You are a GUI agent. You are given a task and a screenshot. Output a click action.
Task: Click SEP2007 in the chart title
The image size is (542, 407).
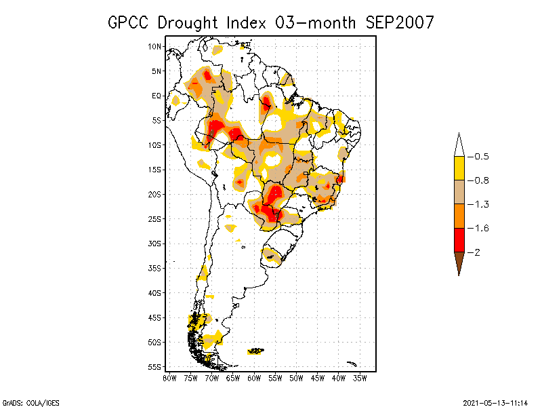pos(399,22)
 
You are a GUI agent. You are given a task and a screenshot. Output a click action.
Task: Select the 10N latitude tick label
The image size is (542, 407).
pos(154,46)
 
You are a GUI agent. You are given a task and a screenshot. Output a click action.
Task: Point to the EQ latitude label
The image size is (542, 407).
pos(156,96)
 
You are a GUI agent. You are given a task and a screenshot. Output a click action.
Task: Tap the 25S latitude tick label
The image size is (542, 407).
pos(154,218)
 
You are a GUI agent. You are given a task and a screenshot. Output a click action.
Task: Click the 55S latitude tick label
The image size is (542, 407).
pos(154,366)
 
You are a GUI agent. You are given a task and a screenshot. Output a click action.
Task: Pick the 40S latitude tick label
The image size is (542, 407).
pos(154,292)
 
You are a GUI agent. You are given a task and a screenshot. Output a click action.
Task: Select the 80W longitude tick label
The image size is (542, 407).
pos(169,378)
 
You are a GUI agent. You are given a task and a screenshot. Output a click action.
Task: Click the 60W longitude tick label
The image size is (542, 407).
pos(254,378)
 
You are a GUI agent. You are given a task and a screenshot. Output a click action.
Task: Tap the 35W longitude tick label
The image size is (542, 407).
pos(360,378)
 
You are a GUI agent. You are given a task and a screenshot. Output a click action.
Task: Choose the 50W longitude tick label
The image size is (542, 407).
pos(296,378)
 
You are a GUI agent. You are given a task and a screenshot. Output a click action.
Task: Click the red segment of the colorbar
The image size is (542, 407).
pos(459,239)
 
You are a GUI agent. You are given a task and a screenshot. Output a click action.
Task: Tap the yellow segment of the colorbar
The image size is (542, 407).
pos(459,168)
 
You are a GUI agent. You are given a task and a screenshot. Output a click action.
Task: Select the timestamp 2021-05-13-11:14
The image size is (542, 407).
pos(495,402)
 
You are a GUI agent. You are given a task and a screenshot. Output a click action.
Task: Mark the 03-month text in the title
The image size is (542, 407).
pos(316,22)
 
